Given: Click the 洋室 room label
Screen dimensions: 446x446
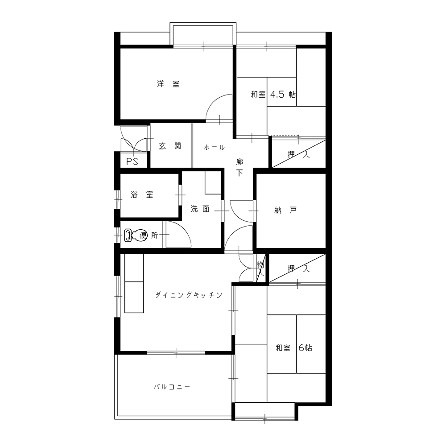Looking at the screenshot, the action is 168,84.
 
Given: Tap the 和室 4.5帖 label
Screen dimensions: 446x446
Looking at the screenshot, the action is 273,95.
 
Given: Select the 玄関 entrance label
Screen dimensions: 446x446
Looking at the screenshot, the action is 169,146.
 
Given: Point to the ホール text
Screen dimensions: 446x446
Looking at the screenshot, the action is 214,147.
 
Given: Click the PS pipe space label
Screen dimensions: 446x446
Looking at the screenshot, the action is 132,161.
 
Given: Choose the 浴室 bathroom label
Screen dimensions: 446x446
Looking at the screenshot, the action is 142,195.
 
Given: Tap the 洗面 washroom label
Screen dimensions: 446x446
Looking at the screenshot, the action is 200,209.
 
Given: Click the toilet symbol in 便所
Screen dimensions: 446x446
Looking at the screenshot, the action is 133,235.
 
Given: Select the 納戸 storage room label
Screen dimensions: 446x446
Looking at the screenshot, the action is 285,210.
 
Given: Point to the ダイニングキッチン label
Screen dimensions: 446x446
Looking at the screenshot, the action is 188,295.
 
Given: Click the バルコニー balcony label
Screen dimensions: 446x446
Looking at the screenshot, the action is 172,387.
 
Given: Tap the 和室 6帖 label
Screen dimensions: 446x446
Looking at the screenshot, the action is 294,347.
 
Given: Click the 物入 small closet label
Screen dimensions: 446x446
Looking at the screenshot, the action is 261,269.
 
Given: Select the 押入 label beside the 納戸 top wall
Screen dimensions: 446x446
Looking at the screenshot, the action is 298,155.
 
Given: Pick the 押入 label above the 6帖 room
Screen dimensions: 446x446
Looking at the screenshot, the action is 298,268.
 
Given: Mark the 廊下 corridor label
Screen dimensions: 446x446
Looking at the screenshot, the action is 240,167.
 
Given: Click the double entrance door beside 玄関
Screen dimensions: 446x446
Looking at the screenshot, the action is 134,139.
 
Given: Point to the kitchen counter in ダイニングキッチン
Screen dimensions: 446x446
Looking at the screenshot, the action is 134,283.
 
